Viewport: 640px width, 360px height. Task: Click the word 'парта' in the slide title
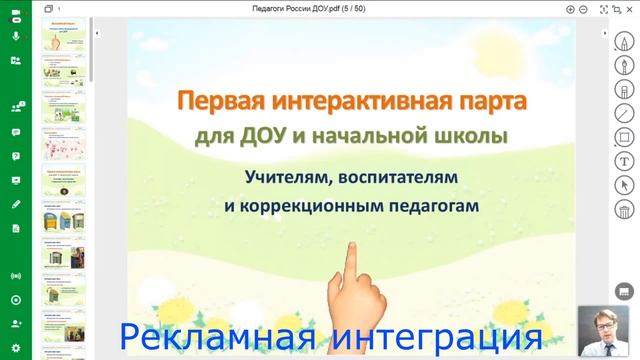(491, 102)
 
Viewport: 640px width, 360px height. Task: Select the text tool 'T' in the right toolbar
(624, 161)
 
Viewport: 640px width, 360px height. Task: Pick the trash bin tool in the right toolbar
(624, 209)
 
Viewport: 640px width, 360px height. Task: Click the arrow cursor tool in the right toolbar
(624, 185)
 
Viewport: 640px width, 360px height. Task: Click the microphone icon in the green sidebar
(16, 36)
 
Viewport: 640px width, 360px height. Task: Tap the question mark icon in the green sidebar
(16, 156)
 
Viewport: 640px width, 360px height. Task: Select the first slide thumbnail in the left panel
(63, 38)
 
